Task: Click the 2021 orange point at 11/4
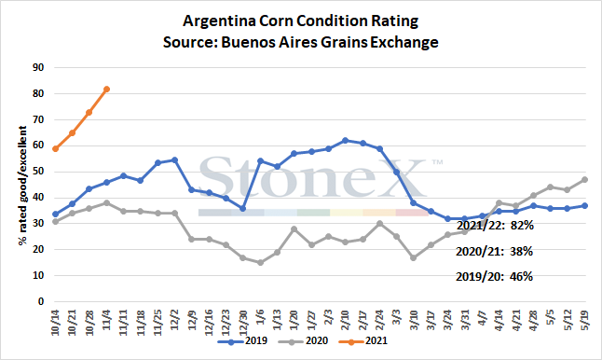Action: (x=107, y=90)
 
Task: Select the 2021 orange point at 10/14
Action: (x=55, y=148)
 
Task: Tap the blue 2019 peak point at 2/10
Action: (x=345, y=141)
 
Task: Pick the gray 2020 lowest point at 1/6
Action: (x=260, y=263)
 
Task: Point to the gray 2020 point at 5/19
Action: (x=584, y=179)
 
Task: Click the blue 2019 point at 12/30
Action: (x=242, y=208)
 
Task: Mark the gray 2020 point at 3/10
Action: (x=414, y=257)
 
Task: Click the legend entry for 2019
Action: (x=242, y=340)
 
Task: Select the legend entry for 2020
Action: (x=303, y=340)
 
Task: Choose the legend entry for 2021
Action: (x=363, y=340)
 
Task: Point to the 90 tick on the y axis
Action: (x=38, y=67)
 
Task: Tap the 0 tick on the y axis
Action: (x=41, y=301)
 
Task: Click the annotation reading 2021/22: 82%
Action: (x=495, y=225)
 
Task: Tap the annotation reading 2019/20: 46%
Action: (x=494, y=276)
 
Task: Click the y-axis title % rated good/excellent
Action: (x=22, y=186)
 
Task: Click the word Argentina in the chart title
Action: (x=219, y=21)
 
